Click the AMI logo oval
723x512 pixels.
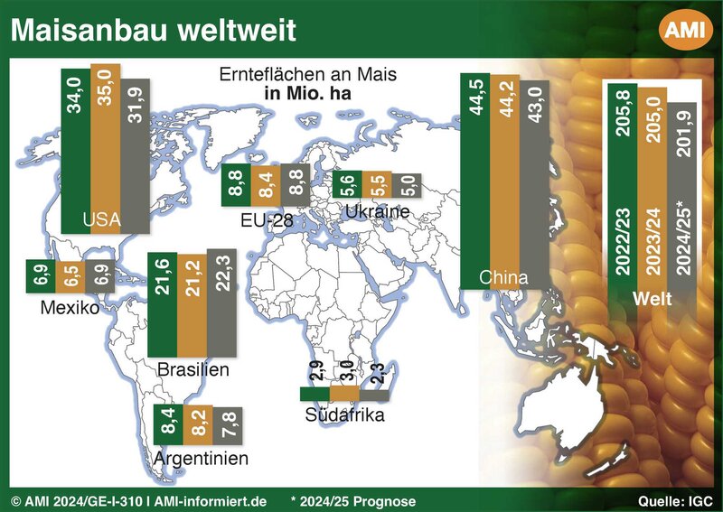pos(685,30)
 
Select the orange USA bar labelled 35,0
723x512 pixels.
pos(106,148)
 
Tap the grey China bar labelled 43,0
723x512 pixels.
pos(534,185)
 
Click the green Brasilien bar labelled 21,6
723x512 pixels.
pos(163,304)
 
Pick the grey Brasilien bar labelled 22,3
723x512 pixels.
pos(221,303)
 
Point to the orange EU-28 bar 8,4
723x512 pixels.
pos(266,185)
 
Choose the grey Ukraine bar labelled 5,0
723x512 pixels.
pos(406,185)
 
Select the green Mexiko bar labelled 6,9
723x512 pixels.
pos(41,276)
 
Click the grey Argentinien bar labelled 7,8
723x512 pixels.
pos(228,426)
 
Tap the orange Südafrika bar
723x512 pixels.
pos(344,394)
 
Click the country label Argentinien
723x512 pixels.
pos(201,459)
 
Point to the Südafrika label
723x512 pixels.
pos(344,414)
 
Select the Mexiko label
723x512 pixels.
pos(70,307)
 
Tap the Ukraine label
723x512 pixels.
pos(378,211)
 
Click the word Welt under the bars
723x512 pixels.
pos(652,299)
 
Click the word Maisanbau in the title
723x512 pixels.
pos(89,31)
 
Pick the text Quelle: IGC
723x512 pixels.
pos(675,501)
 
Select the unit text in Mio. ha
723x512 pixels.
pos(307,93)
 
